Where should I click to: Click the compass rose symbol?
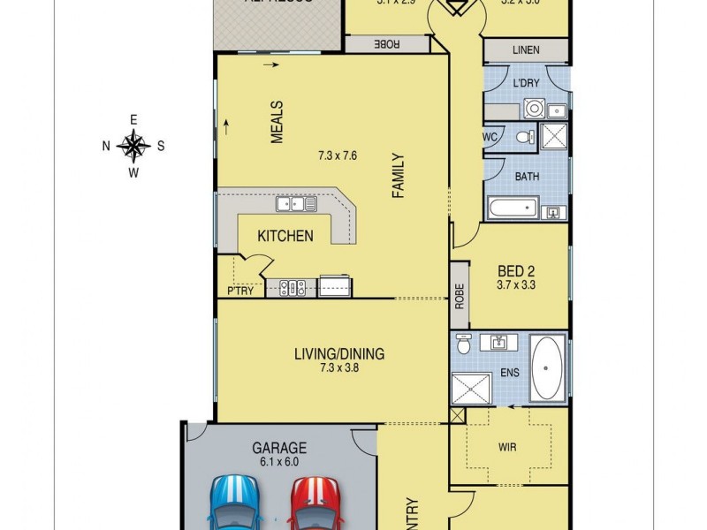coord(133,146)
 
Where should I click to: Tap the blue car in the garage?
coord(236,503)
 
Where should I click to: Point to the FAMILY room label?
coord(399,175)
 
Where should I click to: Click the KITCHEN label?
coord(285,236)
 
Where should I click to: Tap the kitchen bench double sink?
coord(297,205)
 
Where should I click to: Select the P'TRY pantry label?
coord(239,291)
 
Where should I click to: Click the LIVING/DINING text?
coord(339,354)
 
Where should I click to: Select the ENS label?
coord(509,373)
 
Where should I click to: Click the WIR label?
coord(505,459)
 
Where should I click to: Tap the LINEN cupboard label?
coord(526,50)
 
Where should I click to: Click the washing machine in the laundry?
coord(534,110)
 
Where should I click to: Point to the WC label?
coord(489,138)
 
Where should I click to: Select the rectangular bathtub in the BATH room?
coord(513,209)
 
